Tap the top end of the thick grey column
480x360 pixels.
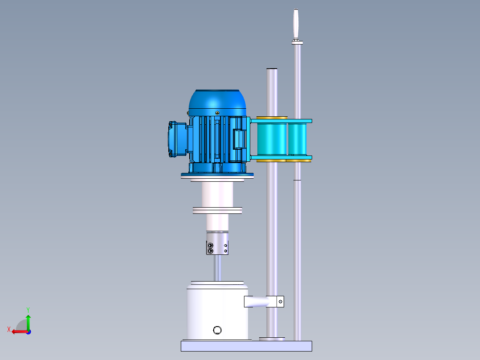272,70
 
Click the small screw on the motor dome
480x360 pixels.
217,113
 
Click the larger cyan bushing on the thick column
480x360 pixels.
272,139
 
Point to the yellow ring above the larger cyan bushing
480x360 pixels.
272,118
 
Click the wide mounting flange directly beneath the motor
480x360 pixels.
217,177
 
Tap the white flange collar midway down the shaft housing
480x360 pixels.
217,210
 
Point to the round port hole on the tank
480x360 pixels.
217,330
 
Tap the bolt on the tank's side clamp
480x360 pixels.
280,302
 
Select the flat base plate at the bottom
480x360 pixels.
246,346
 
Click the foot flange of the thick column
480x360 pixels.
272,339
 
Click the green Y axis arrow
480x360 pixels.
28,319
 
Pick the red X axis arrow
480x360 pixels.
17,331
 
